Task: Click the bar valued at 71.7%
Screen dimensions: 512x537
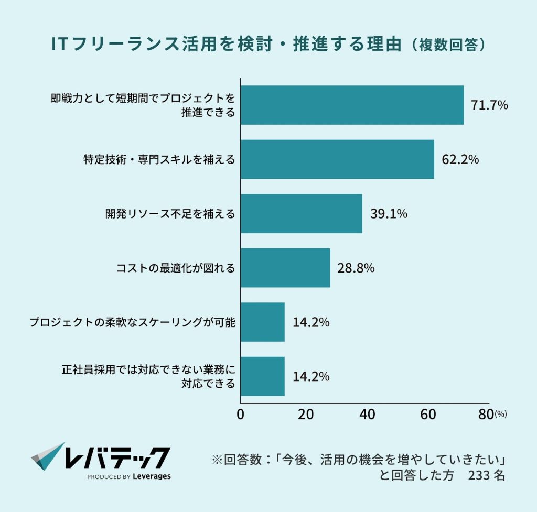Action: pyautogui.click(x=352, y=105)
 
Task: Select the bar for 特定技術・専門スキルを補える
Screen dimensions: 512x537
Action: pyautogui.click(x=337, y=159)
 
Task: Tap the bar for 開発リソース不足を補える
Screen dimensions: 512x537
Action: pyautogui.click(x=301, y=213)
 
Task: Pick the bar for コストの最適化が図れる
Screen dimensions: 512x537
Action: pyautogui.click(x=285, y=268)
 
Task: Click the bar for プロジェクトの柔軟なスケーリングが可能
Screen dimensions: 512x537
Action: pyautogui.click(x=263, y=322)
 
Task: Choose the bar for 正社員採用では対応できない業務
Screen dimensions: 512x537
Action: pyautogui.click(x=263, y=376)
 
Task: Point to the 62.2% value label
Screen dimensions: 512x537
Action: pyautogui.click(x=460, y=159)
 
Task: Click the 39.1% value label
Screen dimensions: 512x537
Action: pyautogui.click(x=389, y=213)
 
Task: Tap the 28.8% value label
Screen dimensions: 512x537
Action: pyautogui.click(x=356, y=268)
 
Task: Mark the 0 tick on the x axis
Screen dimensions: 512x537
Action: pyautogui.click(x=241, y=414)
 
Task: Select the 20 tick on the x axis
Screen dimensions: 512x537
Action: pyautogui.click(x=305, y=414)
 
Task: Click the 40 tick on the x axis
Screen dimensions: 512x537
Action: pyautogui.click(x=367, y=414)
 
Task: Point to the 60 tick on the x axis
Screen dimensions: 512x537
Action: pyautogui.click(x=429, y=414)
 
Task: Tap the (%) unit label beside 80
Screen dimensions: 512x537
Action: pyautogui.click(x=501, y=415)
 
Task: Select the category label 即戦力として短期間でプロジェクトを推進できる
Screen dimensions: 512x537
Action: pyautogui.click(x=143, y=105)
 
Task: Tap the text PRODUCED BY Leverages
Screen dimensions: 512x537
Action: pyautogui.click(x=128, y=476)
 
